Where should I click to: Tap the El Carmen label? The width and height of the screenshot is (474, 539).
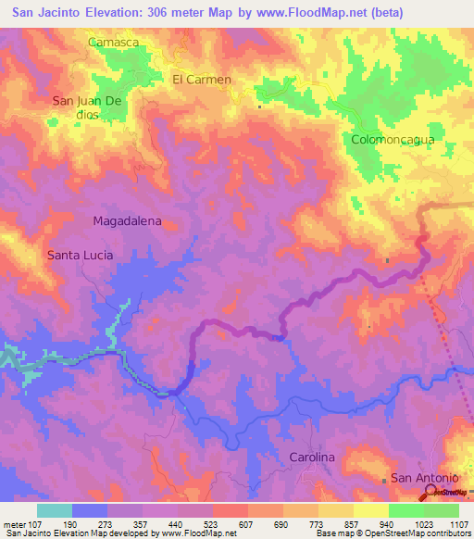201,80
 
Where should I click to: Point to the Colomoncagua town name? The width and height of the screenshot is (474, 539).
393,140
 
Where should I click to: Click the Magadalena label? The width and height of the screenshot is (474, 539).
128,221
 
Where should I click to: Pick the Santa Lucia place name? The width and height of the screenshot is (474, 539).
81,255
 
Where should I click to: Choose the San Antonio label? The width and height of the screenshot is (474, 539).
424,478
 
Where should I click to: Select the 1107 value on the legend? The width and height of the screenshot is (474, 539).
455,524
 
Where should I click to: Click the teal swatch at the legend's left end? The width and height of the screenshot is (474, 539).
55,510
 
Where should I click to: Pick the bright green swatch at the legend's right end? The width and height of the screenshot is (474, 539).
441,510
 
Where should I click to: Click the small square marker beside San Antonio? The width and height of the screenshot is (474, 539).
385,480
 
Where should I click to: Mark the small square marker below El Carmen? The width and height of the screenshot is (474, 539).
259,107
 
